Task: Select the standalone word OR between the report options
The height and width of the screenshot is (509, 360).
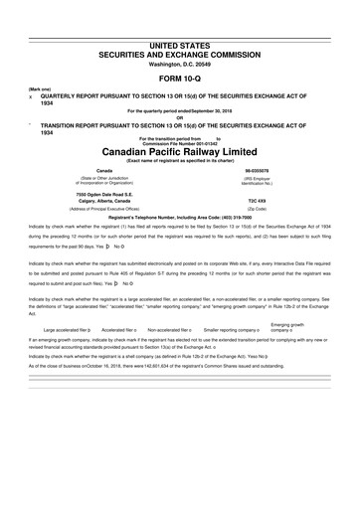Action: click(179, 115)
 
